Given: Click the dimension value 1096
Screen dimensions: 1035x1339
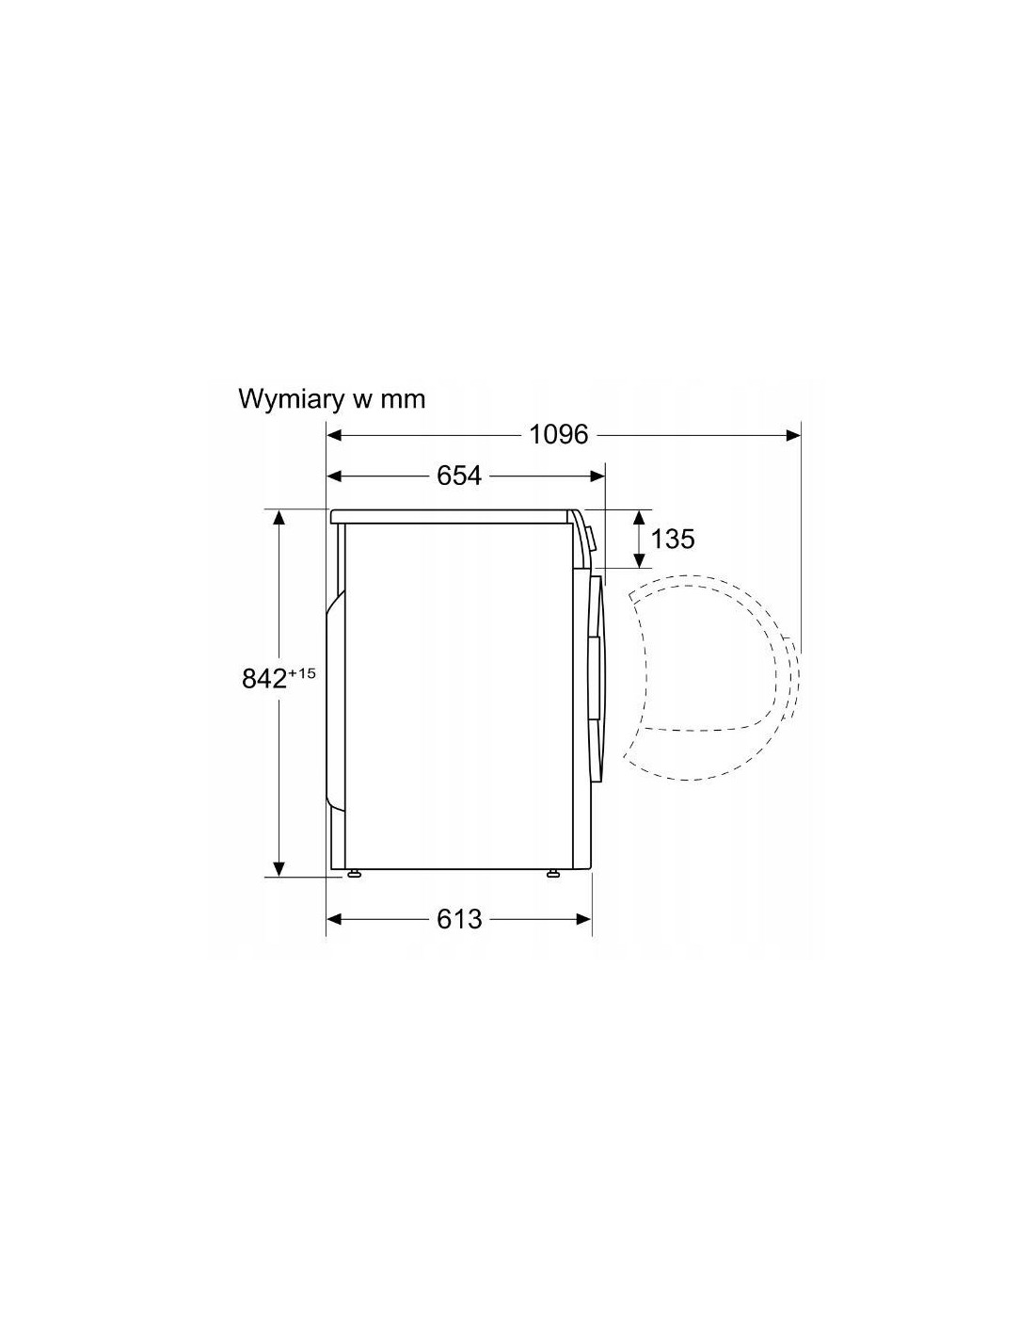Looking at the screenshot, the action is tap(559, 435).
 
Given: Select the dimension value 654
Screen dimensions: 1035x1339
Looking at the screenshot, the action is tap(459, 476).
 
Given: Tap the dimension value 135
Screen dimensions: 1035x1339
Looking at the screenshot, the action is tap(673, 539).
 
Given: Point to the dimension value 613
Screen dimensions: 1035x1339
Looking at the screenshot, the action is tap(459, 919).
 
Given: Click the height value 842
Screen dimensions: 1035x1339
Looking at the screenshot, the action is tap(264, 679).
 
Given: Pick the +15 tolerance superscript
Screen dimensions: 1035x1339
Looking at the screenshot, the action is tap(301, 673).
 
